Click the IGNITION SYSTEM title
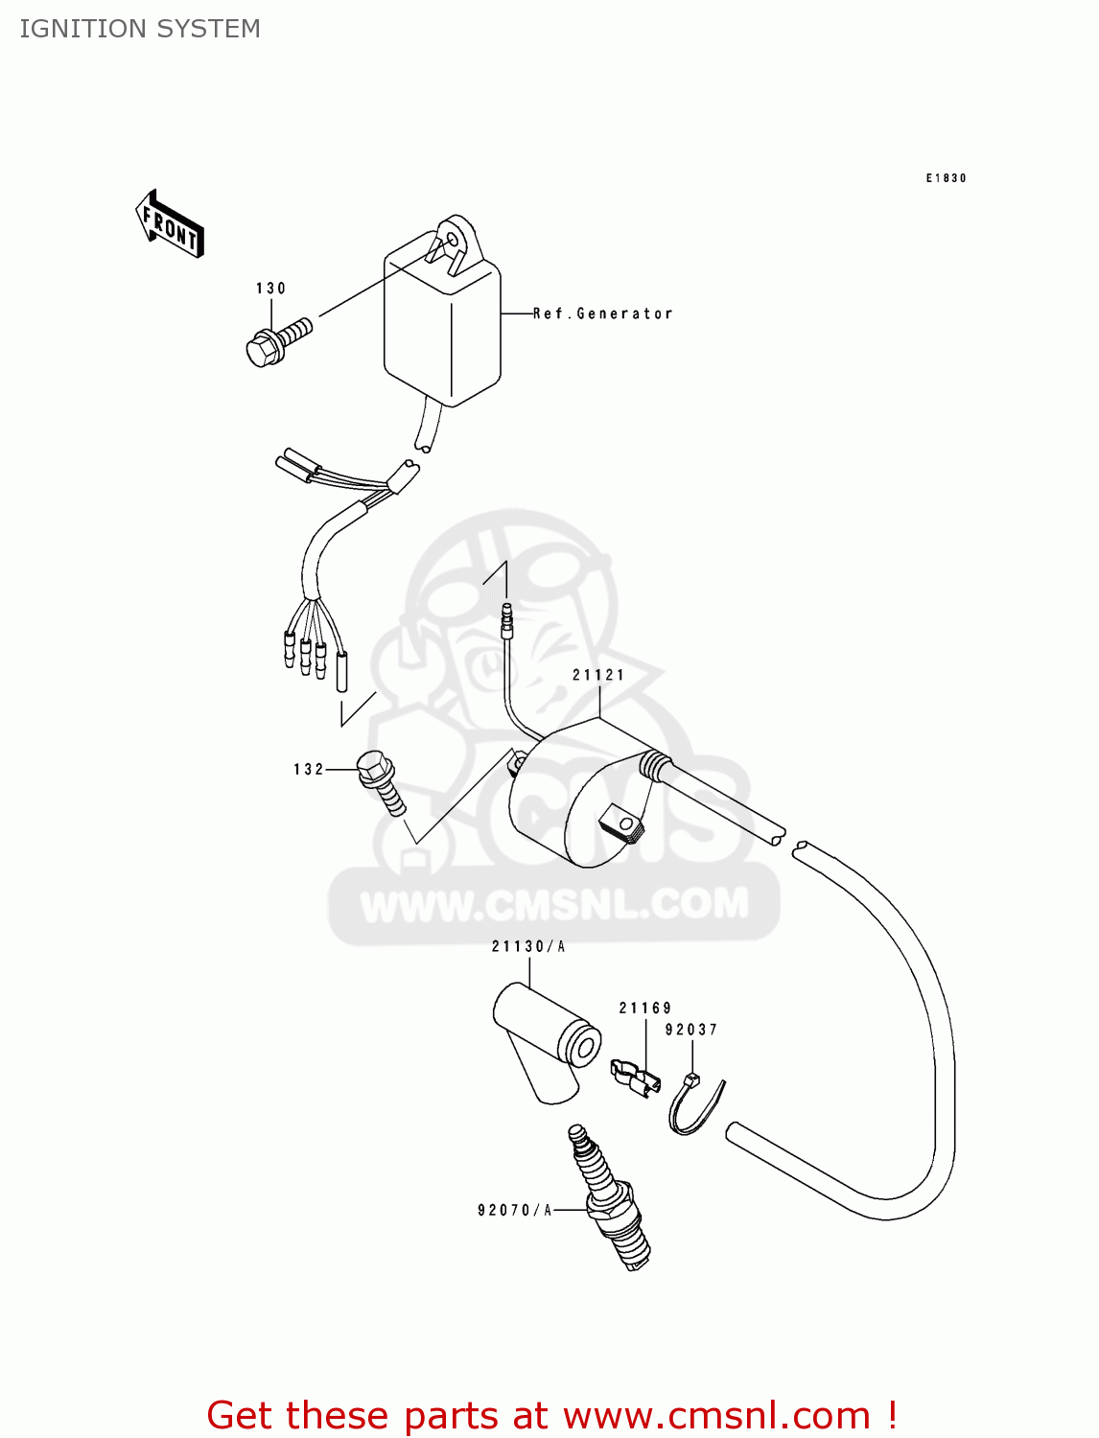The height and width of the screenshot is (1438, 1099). tap(140, 29)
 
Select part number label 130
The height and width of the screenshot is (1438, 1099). tap(270, 289)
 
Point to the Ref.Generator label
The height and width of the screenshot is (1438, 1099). tap(603, 313)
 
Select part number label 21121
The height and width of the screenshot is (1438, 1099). tap(598, 675)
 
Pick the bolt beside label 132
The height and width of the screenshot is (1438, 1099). tap(382, 781)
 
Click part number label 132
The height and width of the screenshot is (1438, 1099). tap(309, 769)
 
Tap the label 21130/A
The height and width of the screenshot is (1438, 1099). tap(528, 947)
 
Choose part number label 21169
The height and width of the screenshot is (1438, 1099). tap(645, 1008)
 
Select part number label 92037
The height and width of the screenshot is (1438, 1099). tap(691, 1030)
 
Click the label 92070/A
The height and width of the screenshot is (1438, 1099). tap(515, 1211)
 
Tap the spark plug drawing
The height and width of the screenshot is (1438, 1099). tap(609, 1197)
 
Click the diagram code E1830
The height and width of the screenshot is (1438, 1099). tap(946, 178)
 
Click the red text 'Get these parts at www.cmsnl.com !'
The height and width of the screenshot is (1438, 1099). tap(551, 1415)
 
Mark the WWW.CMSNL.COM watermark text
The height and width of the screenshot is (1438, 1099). tap(554, 903)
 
